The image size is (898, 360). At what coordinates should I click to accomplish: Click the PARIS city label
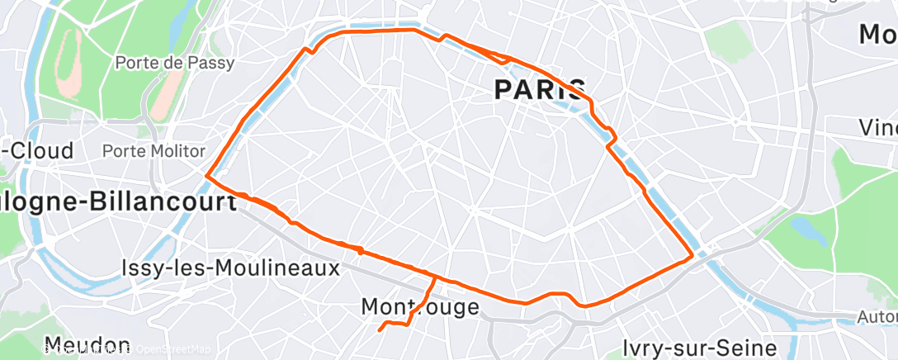(540, 89)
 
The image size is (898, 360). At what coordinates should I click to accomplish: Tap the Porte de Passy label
(174, 63)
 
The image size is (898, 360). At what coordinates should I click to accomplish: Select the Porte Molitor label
(153, 151)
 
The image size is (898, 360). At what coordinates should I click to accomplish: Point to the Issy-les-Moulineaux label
(230, 268)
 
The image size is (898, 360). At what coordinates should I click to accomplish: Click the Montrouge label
(420, 307)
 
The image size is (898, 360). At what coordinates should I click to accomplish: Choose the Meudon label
(87, 345)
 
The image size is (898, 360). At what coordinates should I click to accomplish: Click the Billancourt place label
(116, 203)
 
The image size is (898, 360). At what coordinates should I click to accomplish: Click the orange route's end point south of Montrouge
(380, 330)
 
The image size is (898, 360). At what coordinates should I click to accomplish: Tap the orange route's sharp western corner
(206, 175)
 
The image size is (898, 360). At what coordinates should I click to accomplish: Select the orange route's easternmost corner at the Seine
(691, 258)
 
